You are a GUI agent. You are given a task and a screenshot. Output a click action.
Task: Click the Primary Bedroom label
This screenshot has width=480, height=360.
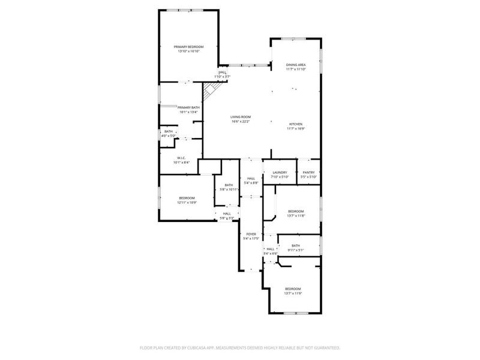[188, 47]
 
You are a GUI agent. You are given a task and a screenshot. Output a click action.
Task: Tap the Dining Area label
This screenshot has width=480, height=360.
[296, 65]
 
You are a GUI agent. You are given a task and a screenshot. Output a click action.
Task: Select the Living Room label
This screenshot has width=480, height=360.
[241, 117]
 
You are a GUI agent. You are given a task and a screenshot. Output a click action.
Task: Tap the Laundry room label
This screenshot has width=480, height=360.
[280, 173]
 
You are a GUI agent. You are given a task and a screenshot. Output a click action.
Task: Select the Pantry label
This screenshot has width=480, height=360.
[309, 173]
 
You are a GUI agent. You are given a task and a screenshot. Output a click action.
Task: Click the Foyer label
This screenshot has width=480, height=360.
[251, 234]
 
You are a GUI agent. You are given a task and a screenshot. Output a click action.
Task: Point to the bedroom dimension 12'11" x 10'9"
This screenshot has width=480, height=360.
[187, 203]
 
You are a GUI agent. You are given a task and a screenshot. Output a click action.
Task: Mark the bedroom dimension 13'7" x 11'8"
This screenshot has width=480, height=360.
[296, 215]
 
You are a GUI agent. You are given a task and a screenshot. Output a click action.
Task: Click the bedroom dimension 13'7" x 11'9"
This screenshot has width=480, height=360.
[293, 293]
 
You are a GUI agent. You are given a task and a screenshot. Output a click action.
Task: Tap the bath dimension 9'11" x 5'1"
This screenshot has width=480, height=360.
[296, 250]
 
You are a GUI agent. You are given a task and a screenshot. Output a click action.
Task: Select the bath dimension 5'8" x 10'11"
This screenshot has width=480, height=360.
[229, 190]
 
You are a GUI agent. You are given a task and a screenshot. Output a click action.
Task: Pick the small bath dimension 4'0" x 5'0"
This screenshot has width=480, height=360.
[169, 136]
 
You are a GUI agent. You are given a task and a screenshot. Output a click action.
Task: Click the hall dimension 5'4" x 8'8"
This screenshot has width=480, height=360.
[251, 182]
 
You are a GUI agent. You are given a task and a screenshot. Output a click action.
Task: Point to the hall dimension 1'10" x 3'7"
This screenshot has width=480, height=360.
[223, 77]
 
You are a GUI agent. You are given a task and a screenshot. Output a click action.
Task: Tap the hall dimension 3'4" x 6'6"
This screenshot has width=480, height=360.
[271, 253]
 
